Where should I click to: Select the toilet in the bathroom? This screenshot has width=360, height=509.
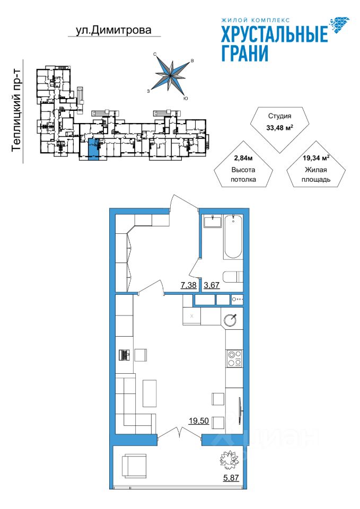point(232,277)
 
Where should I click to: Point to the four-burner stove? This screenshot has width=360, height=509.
point(234,358)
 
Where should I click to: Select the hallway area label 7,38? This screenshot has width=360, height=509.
point(189,285)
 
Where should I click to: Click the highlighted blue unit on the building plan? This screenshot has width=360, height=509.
point(92,147)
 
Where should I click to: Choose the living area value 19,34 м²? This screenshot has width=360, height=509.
point(317,157)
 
